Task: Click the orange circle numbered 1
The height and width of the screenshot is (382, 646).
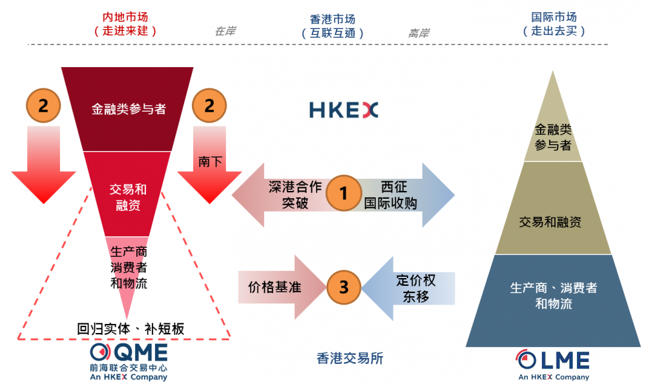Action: coord(343,193)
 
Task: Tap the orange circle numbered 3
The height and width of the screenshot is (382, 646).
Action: coord(343,287)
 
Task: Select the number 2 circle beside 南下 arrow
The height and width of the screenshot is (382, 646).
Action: coord(209,105)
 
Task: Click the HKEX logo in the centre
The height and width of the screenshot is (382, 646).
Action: coord(343,110)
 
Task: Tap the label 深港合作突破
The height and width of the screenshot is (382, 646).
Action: coord(295,195)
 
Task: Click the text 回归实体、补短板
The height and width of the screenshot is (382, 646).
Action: coord(130,328)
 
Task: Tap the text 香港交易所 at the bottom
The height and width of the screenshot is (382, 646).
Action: coord(350,358)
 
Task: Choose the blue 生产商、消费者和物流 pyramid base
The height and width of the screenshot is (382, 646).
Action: coord(553,297)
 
